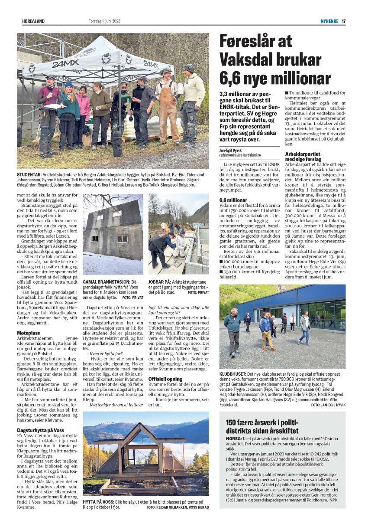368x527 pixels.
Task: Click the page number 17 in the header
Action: coord(343,21)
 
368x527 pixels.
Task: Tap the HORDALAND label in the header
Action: coord(33,21)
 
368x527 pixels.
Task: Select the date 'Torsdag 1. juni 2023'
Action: coord(101,21)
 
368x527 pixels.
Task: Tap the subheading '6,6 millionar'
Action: coord(233,200)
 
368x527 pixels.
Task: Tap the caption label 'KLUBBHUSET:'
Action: coord(232,373)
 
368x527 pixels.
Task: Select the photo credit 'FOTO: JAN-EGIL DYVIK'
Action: coord(328,405)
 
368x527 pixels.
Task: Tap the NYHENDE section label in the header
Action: coord(329,21)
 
